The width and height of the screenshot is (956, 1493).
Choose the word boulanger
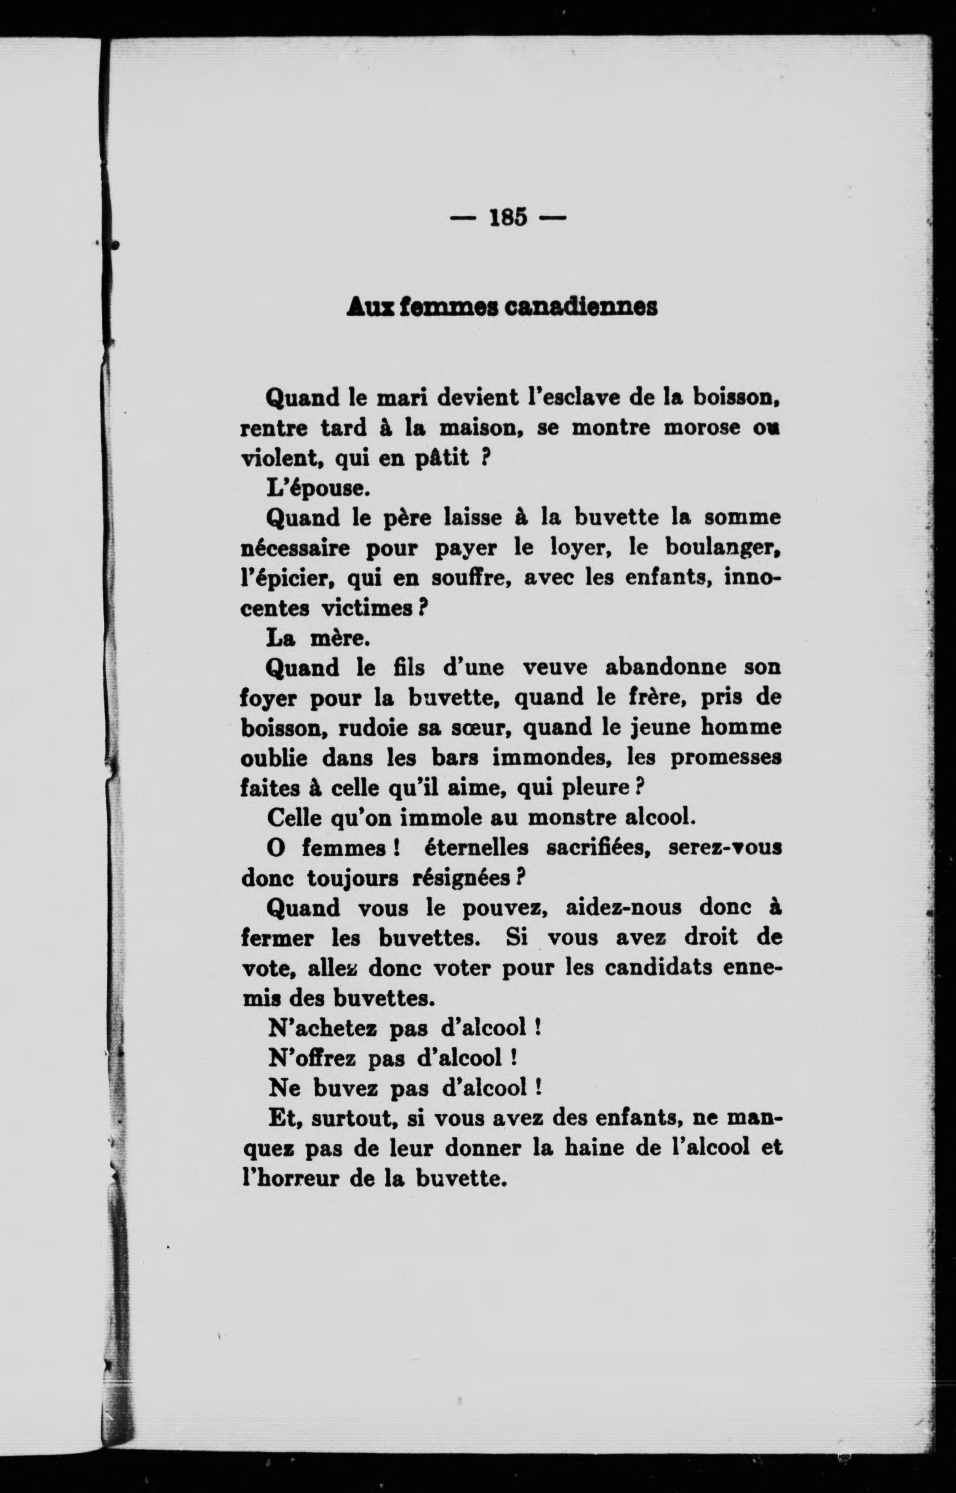722,548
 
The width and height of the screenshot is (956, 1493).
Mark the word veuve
555,668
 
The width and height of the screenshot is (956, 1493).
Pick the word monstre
570,818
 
